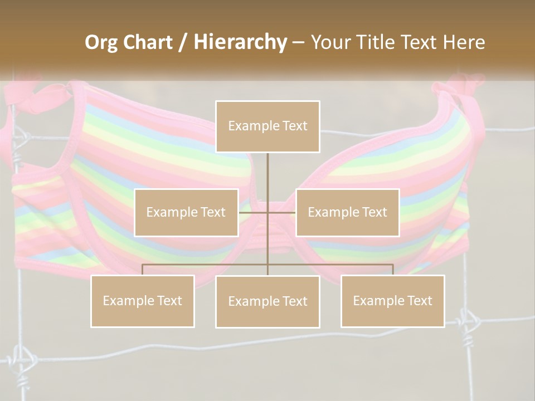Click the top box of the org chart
[267, 126]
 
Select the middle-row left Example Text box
[186, 212]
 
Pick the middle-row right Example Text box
[347, 212]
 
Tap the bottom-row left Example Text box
[143, 301]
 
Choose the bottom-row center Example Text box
[267, 301]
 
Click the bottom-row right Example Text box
[392, 301]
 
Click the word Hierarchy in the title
[240, 42]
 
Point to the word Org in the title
[101, 42]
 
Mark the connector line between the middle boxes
[267, 213]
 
